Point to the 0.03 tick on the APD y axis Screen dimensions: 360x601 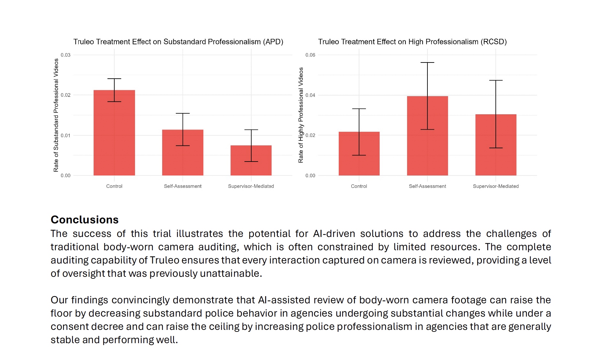coord(66,55)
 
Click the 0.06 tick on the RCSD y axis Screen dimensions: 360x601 coord(310,55)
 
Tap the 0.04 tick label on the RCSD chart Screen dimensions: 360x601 coord(310,95)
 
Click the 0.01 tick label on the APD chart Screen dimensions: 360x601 coord(66,135)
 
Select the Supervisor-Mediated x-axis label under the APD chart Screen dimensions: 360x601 coord(251,186)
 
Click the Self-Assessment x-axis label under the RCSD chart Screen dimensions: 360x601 coord(427,186)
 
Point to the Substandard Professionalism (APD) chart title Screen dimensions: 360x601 coord(178,42)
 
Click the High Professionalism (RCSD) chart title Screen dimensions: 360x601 coord(412,42)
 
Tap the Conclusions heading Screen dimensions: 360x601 coord(85,219)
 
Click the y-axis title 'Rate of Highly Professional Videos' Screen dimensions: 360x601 coord(301,115)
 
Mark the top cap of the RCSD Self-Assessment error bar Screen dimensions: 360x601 coord(427,62)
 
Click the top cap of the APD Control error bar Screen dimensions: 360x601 coord(114,79)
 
